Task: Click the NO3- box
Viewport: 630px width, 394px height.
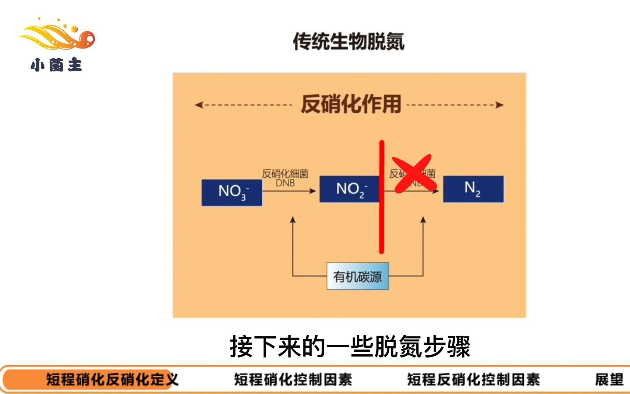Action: (232, 192)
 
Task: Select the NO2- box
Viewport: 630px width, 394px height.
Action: (349, 189)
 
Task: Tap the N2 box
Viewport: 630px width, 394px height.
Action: (473, 189)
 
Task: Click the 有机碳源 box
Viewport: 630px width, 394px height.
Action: (357, 276)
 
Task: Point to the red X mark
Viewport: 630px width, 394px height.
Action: (413, 174)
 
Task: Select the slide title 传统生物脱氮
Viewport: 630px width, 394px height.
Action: (349, 41)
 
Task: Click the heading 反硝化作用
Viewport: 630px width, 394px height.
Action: (351, 104)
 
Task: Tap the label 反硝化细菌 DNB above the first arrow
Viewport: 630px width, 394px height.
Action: (285, 178)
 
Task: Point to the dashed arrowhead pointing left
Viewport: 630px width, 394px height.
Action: (198, 105)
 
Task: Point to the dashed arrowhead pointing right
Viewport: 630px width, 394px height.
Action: (500, 105)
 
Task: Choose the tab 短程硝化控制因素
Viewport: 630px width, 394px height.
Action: (293, 380)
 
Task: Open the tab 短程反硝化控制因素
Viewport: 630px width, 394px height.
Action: (473, 380)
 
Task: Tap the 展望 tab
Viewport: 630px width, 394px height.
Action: (609, 380)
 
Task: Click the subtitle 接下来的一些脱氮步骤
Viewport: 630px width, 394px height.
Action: (350, 346)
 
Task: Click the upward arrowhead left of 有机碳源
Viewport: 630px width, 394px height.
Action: (293, 220)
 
